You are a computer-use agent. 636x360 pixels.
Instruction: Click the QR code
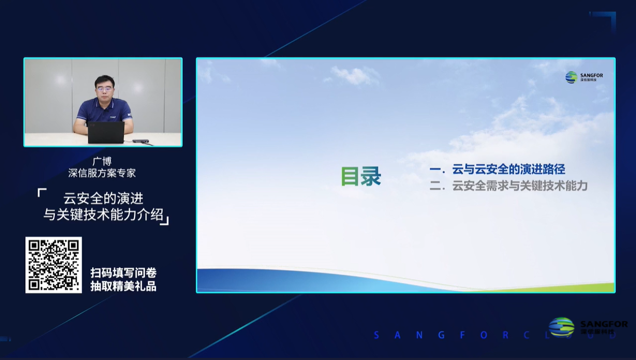54,265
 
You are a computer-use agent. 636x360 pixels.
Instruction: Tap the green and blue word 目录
361,176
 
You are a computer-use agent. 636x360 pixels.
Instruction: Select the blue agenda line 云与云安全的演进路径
508,170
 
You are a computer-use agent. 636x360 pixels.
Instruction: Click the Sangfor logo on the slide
584,77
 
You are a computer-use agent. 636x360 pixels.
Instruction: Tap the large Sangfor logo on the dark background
587,327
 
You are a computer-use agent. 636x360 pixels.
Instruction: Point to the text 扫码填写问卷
123,273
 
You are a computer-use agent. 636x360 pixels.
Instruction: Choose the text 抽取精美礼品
123,286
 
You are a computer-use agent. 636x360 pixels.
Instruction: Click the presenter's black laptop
106,132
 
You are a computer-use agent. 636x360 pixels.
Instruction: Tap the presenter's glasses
105,86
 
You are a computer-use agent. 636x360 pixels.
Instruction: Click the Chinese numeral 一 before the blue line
435,170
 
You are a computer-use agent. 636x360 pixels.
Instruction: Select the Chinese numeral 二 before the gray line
435,187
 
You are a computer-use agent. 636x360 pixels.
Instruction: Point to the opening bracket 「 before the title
42,192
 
